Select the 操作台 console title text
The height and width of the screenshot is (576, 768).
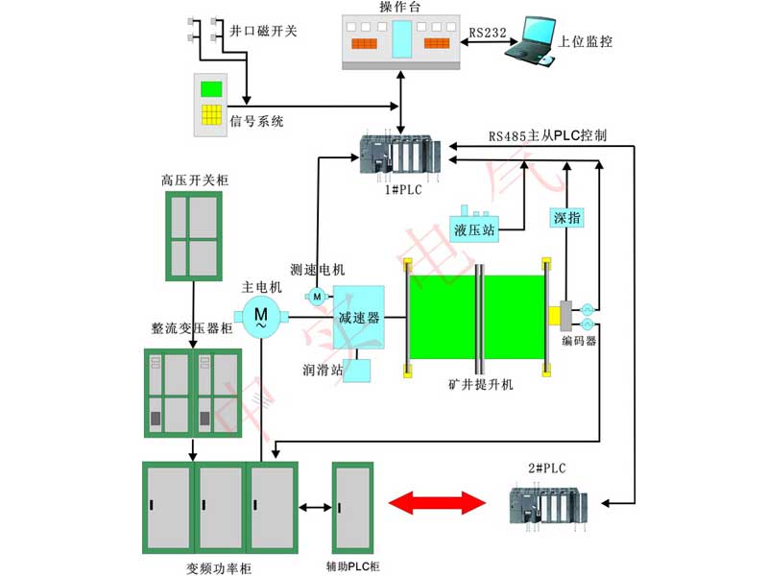point(399,8)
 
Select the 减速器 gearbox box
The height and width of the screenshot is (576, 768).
point(359,317)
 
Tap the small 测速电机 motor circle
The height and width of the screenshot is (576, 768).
point(316,295)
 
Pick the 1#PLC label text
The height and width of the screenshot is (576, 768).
point(400,190)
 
